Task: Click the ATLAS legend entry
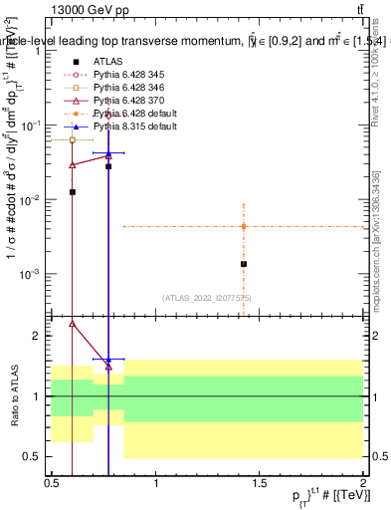(x=107, y=61)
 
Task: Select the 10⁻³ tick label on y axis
(x=30, y=274)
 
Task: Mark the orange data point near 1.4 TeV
(x=243, y=227)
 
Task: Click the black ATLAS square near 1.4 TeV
(x=243, y=264)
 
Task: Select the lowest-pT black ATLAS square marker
(x=73, y=191)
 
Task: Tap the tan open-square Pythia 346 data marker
(x=73, y=140)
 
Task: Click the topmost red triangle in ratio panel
(x=73, y=323)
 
